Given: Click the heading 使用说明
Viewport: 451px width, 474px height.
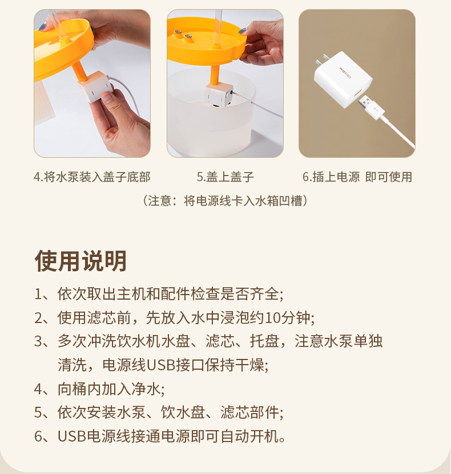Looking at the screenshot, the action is coord(80,260).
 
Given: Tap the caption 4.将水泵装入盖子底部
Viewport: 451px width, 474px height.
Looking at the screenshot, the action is coord(92,177).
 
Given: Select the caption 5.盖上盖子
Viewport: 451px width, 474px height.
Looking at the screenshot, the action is coord(226,177).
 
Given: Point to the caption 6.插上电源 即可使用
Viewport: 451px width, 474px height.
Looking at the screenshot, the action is coord(357,177).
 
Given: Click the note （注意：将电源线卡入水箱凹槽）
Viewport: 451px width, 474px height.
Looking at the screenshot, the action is coord(225,201).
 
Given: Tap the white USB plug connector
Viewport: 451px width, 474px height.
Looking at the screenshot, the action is coord(371,107).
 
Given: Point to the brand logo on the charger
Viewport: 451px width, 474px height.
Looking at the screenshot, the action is coord(345,73).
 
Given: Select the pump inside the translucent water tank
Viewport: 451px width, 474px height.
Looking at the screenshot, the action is coord(219,95).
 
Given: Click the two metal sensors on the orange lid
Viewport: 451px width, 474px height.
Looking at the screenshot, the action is coord(183,34).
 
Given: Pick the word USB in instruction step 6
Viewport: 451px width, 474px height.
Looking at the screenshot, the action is coord(72,436).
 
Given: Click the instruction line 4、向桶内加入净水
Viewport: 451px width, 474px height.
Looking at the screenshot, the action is coord(99,389).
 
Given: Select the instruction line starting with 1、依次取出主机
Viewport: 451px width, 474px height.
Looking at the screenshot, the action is coord(159,294).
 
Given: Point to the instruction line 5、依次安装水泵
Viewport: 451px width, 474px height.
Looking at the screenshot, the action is coord(159,412).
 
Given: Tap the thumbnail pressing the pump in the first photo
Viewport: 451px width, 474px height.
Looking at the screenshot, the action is coord(107,98).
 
